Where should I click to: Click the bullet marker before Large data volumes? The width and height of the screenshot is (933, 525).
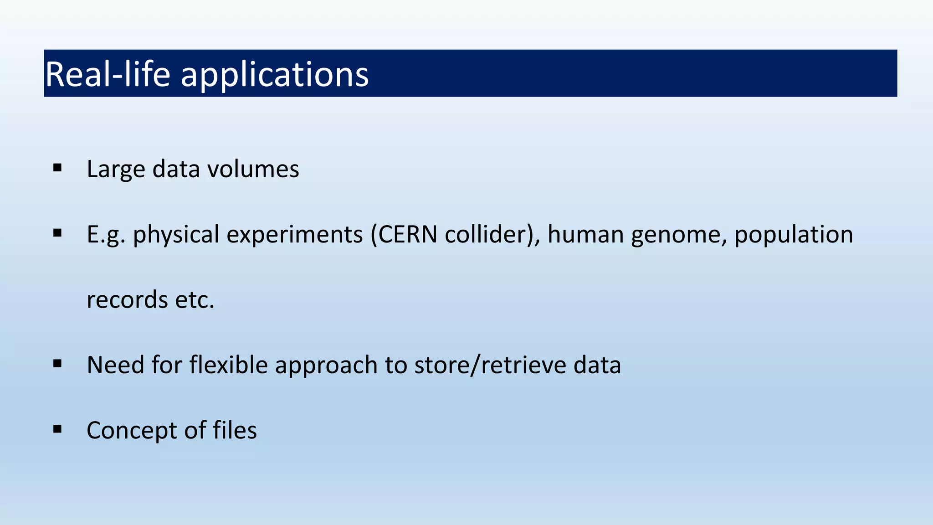[57, 168]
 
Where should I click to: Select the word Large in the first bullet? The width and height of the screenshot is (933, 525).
[116, 170]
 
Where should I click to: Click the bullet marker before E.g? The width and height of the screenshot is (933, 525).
[57, 233]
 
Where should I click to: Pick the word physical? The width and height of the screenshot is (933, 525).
[176, 235]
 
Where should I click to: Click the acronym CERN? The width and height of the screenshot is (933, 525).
[408, 234]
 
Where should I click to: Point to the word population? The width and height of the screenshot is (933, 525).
[794, 235]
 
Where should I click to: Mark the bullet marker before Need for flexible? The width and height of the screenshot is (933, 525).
[57, 364]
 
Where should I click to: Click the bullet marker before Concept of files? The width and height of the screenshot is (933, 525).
[57, 429]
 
